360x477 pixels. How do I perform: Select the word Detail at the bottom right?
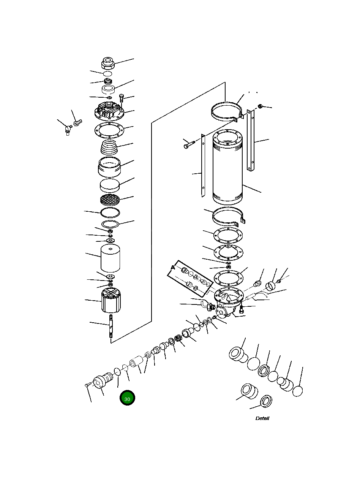coord(262,418)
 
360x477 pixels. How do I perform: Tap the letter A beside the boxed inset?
coord(173,268)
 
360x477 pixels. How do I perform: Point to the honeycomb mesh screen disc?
coord(110,199)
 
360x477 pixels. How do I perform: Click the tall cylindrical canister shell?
coord(227,167)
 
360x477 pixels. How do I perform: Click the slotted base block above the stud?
coord(111,300)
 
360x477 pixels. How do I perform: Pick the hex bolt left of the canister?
coord(189,145)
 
